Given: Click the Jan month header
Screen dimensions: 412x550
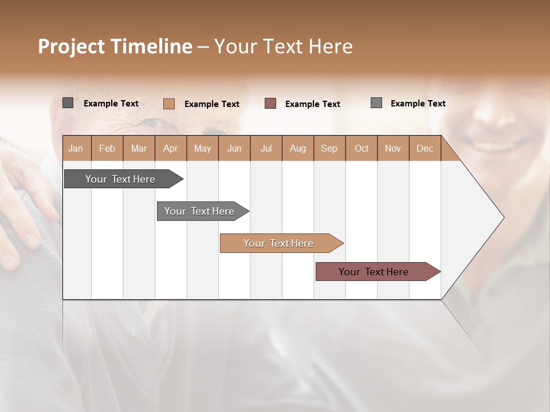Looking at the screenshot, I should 76,149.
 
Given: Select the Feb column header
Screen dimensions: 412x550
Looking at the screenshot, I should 107,149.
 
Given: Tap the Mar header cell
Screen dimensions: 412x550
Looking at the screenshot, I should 139,149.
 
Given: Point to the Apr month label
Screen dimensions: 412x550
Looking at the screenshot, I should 170,149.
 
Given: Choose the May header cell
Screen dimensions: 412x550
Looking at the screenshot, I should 202,149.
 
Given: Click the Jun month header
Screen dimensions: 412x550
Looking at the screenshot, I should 234,149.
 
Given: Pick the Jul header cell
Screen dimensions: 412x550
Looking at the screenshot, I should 266,149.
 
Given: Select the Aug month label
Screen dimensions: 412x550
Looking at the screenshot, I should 297,149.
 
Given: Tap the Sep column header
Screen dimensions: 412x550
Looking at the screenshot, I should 329,149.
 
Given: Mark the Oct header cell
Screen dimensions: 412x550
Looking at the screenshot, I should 362,149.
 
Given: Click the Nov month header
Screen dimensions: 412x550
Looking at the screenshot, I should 393,149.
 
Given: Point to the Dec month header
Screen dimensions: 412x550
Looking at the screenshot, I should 425,149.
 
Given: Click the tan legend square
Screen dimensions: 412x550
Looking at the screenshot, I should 168,104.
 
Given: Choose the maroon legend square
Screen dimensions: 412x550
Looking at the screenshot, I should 270,104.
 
